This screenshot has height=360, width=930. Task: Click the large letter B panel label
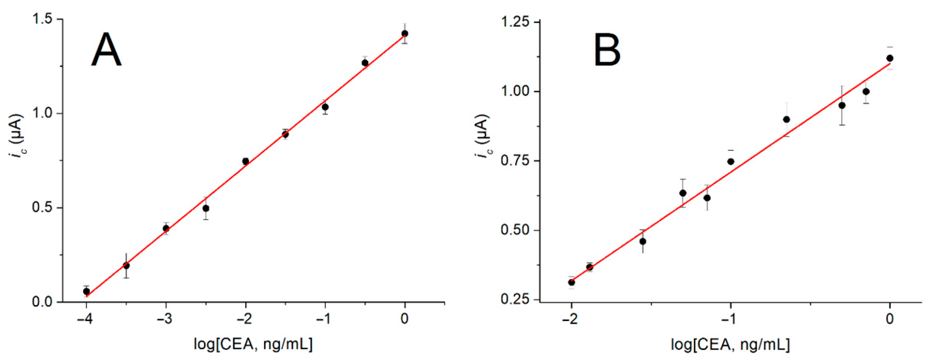coord(607,50)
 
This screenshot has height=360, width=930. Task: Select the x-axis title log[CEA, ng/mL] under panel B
coord(730,344)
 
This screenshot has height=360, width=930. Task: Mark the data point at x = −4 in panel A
coord(86,291)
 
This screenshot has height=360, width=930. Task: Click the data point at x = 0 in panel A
coord(405,33)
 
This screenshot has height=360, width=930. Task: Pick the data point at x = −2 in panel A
coord(245,161)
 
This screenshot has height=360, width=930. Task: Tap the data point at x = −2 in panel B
coord(571,282)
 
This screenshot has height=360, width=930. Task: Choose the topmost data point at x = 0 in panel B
coord(890,58)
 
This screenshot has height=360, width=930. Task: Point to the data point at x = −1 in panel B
coord(731,161)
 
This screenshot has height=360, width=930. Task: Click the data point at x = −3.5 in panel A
coord(126,265)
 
